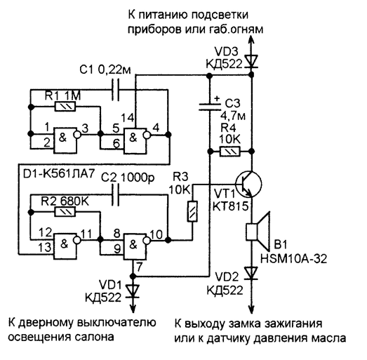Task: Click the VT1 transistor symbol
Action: point(248,184)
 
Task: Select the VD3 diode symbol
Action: point(252,61)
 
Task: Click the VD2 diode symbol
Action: point(252,274)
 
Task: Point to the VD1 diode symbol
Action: point(133,291)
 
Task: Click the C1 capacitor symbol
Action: point(115,90)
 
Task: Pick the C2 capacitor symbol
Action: point(115,194)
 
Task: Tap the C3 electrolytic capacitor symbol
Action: point(210,106)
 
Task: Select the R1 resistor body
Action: point(65,107)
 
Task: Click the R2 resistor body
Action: point(65,212)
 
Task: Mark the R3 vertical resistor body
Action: point(192,211)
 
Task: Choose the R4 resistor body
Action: point(230,152)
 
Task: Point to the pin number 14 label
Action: point(128,117)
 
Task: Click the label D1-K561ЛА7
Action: point(59,173)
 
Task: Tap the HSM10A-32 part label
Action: point(293,259)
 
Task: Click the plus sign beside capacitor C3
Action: point(218,98)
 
